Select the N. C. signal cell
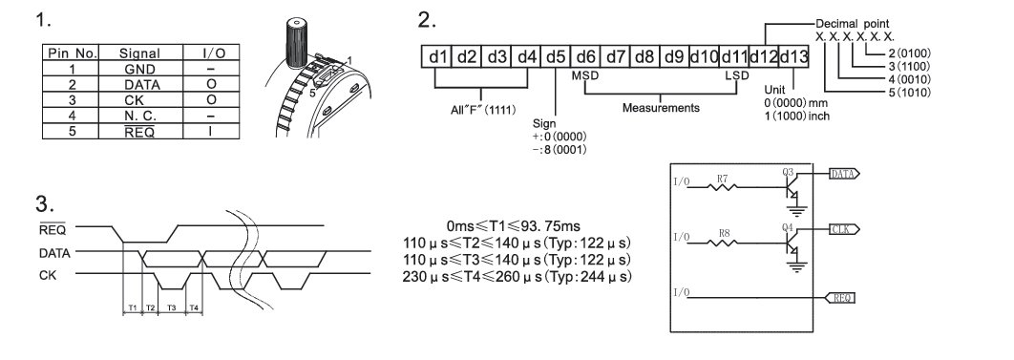(x=141, y=116)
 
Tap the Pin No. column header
(x=72, y=53)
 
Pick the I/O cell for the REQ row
(x=211, y=131)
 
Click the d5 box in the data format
(x=556, y=57)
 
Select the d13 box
(x=794, y=57)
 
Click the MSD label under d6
(x=585, y=75)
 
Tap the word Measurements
(x=661, y=108)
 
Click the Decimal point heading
(x=853, y=24)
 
